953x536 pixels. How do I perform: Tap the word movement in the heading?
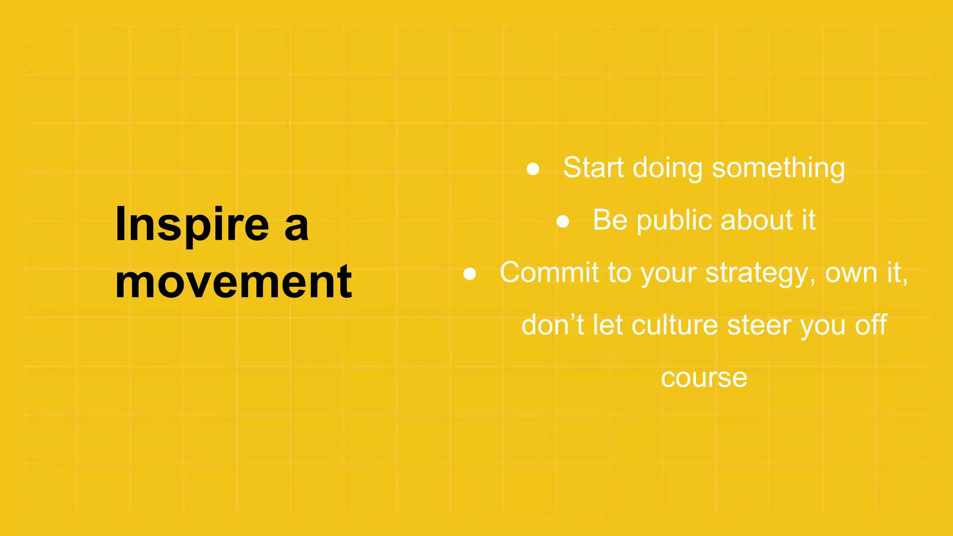pos(233,281)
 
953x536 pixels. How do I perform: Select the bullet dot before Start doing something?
pos(533,169)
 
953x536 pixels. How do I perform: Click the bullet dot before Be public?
pos(563,221)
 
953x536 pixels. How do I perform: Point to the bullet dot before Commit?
pos(470,274)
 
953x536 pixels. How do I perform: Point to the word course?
pos(704,377)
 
